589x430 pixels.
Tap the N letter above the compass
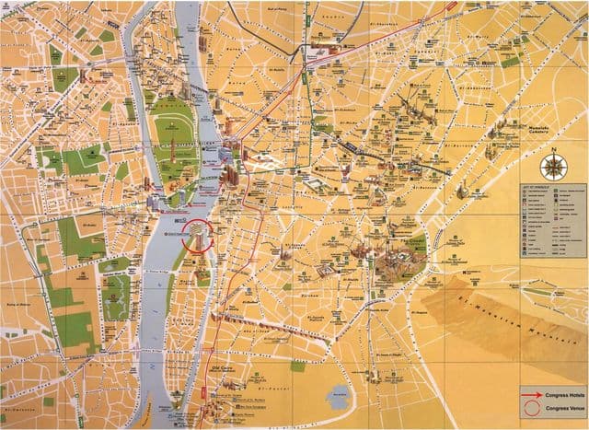click(555, 149)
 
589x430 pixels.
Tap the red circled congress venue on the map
click(196, 235)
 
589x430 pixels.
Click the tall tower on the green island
click(172, 147)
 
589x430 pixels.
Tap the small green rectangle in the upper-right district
click(510, 61)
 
